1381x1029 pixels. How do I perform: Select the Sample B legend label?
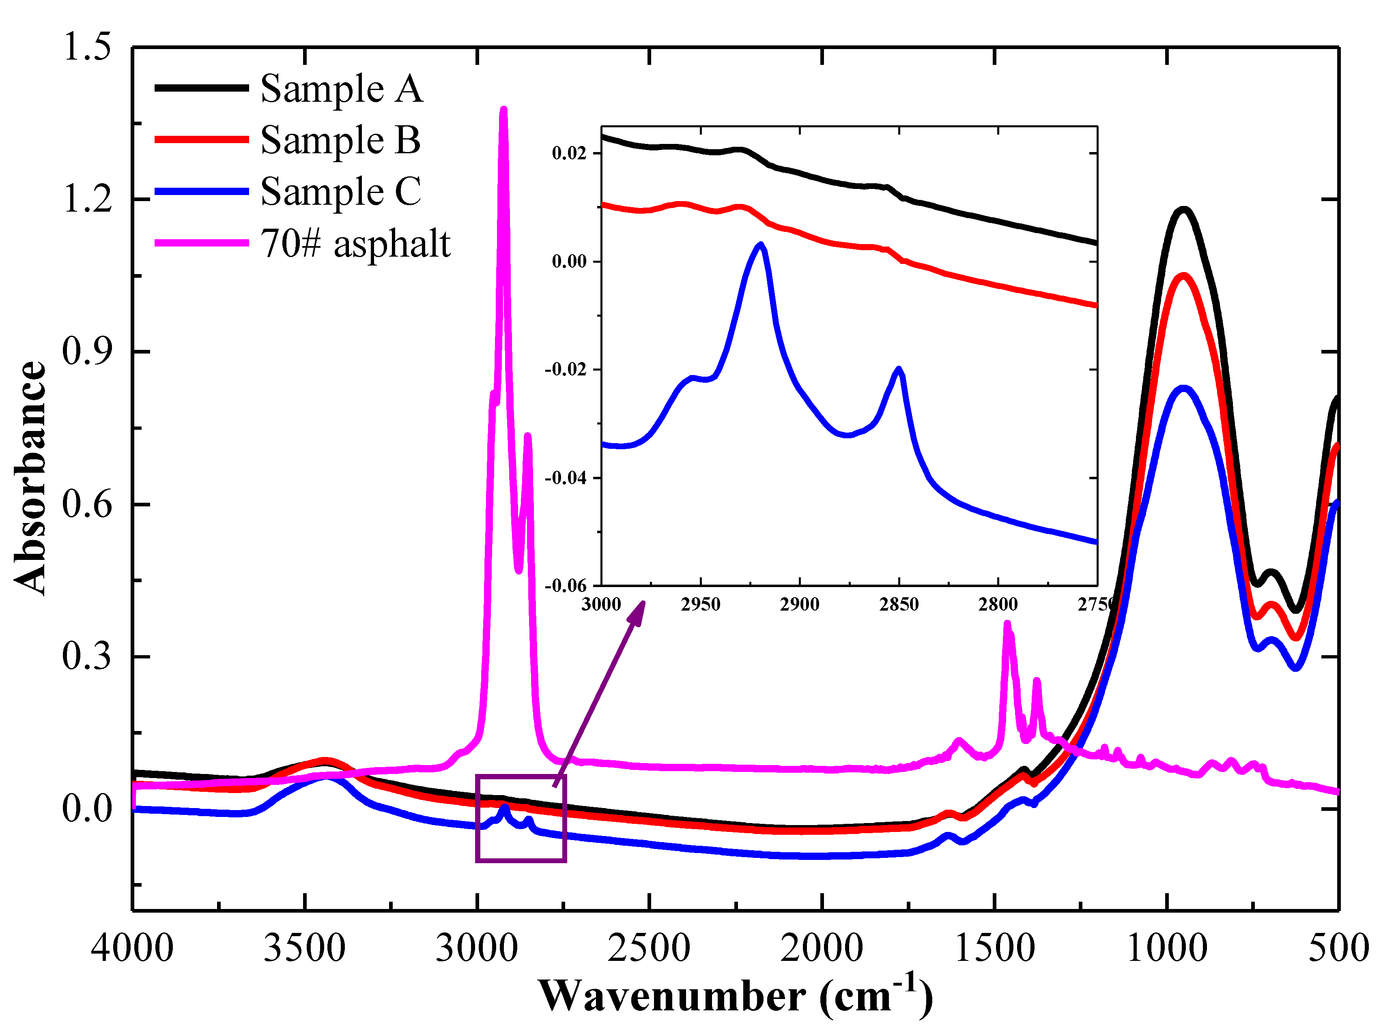point(340,140)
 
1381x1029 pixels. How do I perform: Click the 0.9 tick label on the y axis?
point(87,351)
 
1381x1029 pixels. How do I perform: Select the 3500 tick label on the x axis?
point(304,949)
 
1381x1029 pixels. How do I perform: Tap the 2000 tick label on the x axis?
point(822,949)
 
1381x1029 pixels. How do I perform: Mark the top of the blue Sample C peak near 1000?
point(1183,388)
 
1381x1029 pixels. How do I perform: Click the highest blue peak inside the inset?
point(760,244)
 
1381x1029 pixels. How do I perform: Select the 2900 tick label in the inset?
point(800,604)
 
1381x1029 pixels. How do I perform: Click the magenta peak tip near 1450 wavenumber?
point(1007,624)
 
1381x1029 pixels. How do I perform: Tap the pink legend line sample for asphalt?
point(201,243)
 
